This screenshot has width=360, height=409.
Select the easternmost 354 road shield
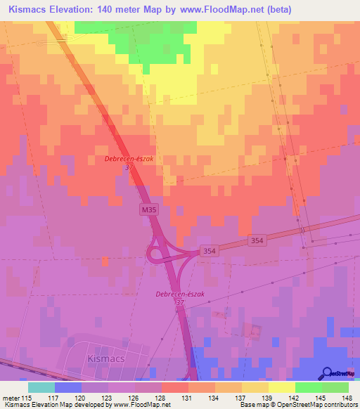258,241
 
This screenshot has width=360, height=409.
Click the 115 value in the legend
27,397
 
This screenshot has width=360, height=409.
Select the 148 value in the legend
348,397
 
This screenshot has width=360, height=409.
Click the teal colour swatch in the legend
41,387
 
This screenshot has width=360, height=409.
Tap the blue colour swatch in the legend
67,387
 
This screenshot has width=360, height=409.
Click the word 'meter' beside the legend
10,397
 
